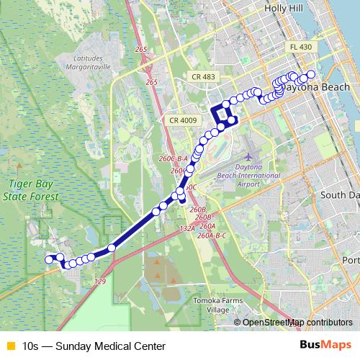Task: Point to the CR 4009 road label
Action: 182,120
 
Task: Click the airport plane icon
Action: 249,156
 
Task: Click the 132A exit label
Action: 186,228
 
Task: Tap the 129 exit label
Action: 100,281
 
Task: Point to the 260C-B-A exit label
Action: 174,158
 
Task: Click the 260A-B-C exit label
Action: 212,235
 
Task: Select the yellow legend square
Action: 10,346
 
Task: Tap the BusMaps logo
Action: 325,345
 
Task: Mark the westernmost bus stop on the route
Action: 49,259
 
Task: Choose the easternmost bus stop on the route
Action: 311,74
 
